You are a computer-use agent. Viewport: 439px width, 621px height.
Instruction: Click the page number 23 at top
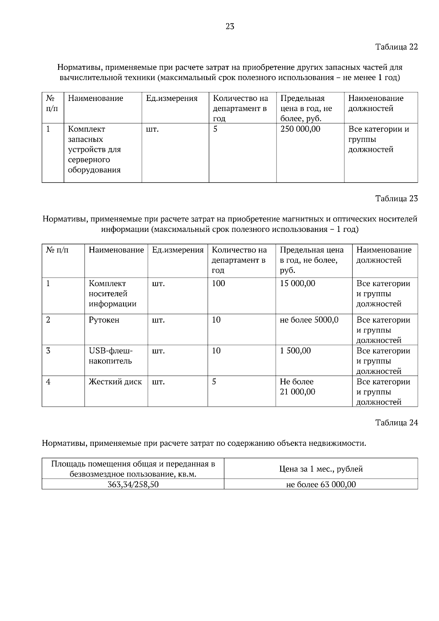[230, 26]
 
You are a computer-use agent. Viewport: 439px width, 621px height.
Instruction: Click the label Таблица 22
[396, 47]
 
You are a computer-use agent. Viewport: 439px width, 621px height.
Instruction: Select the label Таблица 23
[396, 199]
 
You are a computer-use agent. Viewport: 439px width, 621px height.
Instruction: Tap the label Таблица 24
[396, 423]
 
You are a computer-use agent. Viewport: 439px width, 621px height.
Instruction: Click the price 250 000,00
[300, 129]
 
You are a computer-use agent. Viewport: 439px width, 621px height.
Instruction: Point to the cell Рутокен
[104, 320]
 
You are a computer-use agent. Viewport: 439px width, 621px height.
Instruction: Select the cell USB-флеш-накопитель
[110, 356]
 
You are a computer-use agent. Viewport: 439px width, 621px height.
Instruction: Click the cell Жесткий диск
[115, 382]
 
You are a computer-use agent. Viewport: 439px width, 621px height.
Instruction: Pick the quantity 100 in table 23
[218, 283]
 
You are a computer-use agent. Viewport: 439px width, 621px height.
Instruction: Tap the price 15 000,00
[297, 283]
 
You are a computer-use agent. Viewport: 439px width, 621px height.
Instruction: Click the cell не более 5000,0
[309, 320]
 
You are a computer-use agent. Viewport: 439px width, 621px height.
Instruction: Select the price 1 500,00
[295, 351]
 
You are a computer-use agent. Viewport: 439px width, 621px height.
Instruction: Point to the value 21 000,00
[297, 392]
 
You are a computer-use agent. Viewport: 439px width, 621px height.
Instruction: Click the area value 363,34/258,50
[133, 485]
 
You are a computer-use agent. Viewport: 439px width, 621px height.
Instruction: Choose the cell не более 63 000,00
[321, 485]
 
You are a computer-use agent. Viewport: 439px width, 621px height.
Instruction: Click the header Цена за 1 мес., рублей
[321, 469]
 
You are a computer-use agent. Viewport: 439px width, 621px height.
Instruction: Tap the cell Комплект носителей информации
[112, 294]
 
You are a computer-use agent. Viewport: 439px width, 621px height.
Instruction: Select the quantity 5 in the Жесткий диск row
[214, 382]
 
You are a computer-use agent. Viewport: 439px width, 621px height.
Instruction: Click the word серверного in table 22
[89, 160]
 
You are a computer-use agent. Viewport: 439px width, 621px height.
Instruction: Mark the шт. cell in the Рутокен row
[158, 320]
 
